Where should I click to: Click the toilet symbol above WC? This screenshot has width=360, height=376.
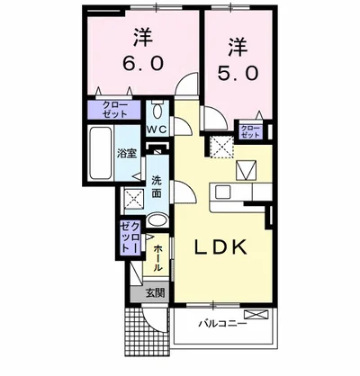(157, 112)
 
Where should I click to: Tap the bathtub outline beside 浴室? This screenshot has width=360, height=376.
(98, 154)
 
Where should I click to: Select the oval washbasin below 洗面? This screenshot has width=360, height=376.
(157, 221)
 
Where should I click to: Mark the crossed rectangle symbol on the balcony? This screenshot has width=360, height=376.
(256, 315)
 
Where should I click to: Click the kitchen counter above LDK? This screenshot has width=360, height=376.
(240, 192)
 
